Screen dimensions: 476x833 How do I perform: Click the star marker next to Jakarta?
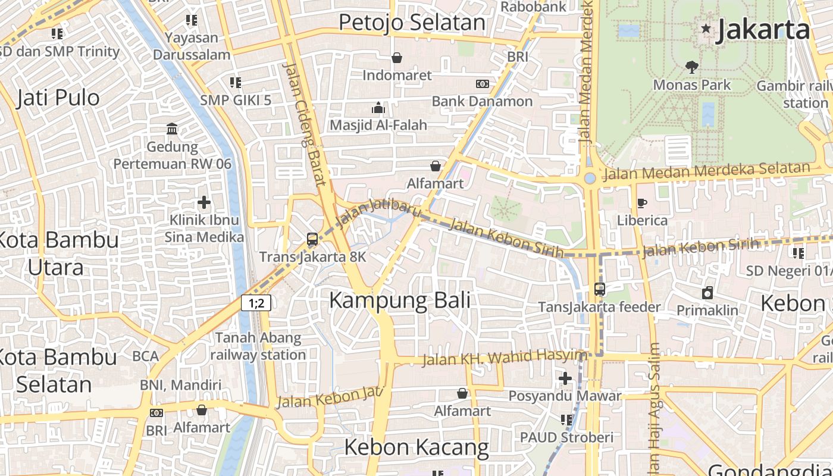706,28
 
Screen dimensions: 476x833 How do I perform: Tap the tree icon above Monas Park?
691,66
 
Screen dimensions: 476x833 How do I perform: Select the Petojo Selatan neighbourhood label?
412,23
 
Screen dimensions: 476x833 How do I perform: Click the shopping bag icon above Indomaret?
396,58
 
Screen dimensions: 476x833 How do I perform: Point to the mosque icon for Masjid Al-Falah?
378,108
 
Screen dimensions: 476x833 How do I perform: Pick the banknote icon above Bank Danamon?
483,84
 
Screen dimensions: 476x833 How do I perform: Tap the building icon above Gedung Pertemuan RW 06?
172,129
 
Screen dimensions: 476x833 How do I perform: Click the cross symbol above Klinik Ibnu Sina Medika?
204,202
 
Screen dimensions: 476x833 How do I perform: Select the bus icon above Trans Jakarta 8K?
312,239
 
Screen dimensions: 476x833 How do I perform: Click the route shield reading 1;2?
256,303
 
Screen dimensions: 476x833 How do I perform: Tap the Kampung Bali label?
399,300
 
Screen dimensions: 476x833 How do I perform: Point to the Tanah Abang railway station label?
258,346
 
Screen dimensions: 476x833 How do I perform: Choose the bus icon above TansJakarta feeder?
600,289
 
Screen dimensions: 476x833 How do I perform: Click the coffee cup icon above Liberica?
642,203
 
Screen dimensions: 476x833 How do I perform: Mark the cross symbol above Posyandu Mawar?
565,378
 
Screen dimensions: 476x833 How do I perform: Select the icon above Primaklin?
707,293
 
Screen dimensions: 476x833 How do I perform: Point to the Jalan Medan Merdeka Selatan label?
706,171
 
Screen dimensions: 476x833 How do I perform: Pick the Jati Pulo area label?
58,98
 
